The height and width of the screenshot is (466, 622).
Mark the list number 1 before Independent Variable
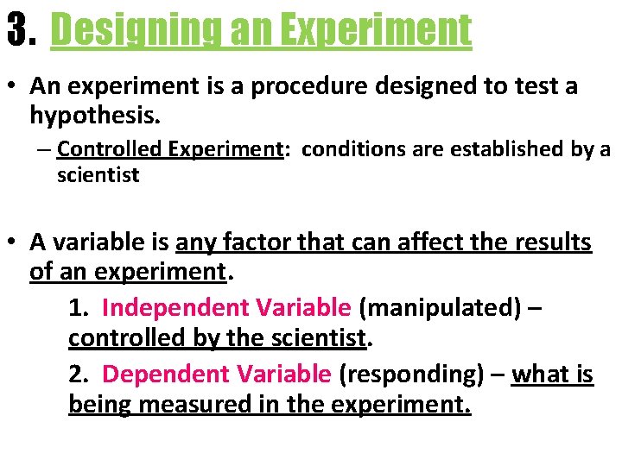pyautogui.click(x=77, y=307)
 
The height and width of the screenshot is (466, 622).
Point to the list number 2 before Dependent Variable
pyautogui.click(x=77, y=374)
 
